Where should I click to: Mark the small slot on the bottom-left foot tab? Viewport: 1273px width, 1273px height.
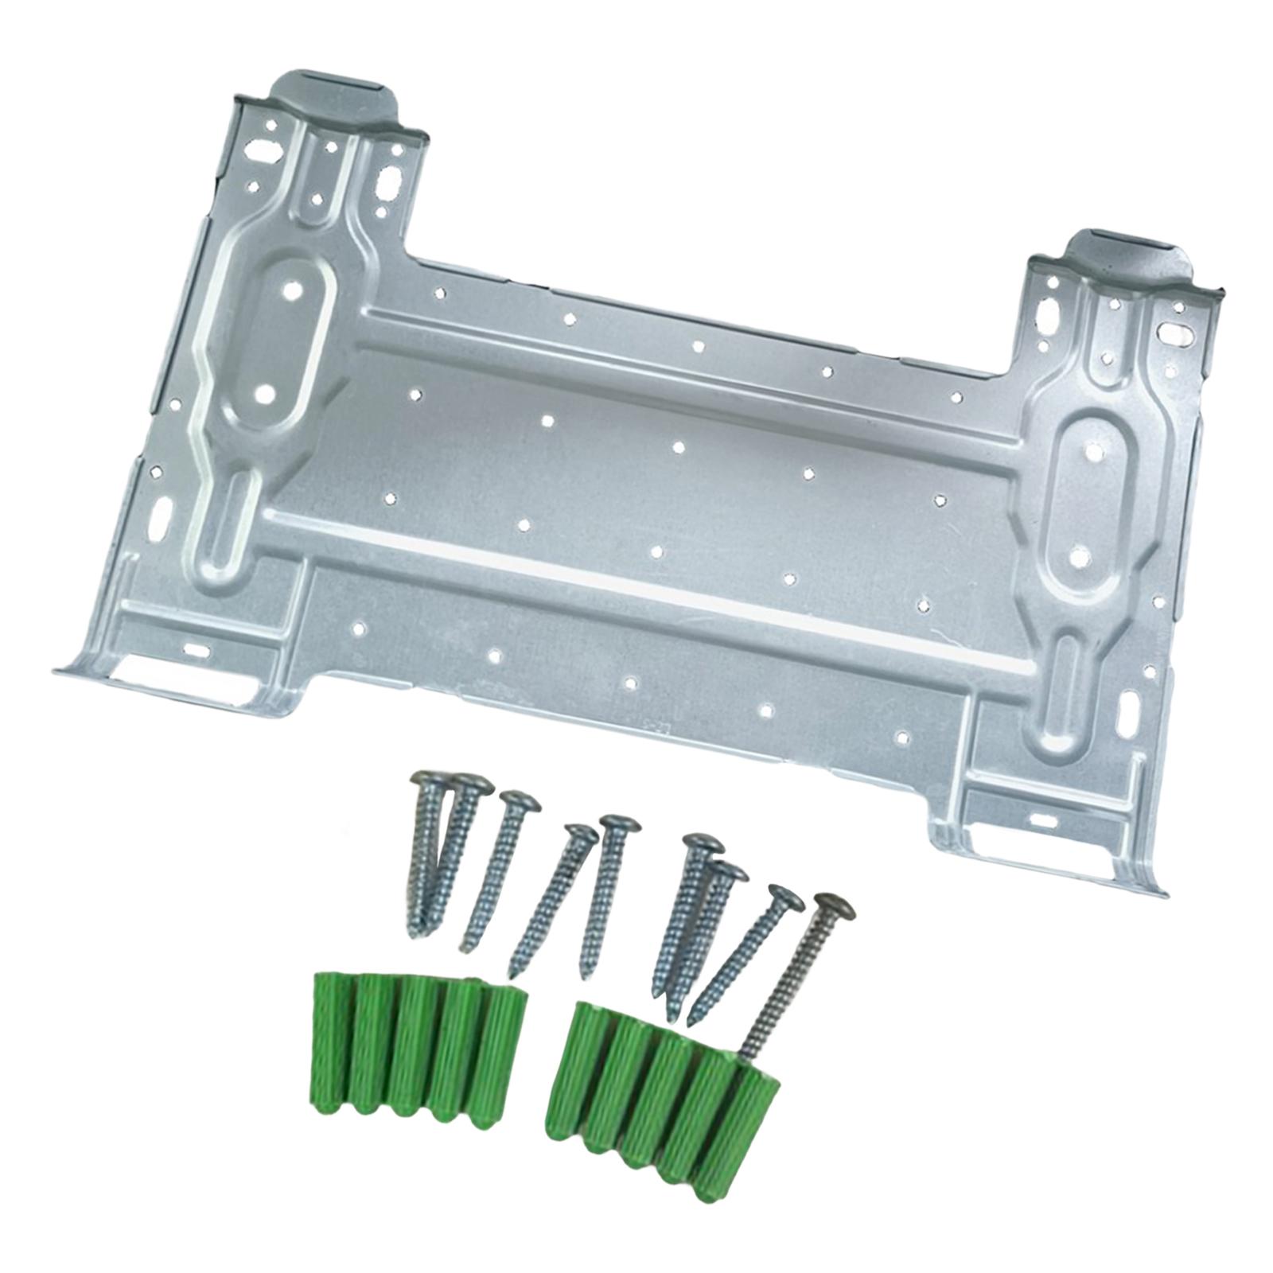195,651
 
